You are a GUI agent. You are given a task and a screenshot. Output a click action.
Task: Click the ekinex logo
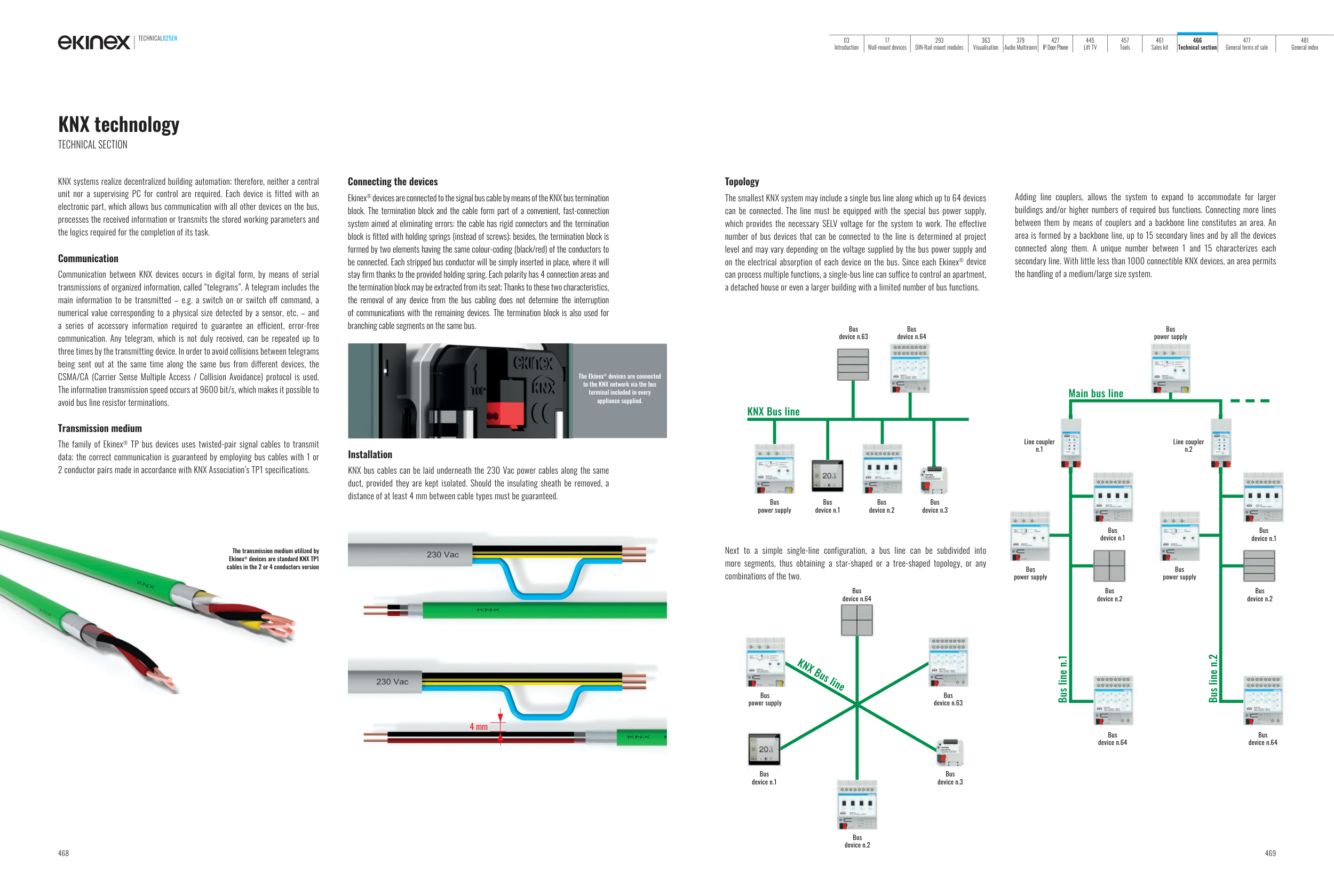(93, 42)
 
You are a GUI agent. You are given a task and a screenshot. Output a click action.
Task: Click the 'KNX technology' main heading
(119, 124)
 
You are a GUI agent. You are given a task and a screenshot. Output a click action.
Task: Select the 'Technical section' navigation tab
(1197, 44)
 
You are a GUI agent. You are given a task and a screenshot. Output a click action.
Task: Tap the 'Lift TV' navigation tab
(1090, 44)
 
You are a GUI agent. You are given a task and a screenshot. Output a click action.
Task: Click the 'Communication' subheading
(88, 258)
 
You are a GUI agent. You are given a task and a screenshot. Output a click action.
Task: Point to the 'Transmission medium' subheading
(100, 428)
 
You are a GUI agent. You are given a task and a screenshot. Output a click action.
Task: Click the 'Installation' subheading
(370, 454)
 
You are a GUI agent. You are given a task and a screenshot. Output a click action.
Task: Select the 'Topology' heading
(742, 182)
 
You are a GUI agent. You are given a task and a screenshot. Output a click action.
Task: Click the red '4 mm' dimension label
(478, 727)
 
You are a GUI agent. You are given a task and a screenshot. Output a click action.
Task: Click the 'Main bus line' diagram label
(1095, 394)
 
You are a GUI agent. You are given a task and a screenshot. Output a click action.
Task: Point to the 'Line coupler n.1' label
(1039, 445)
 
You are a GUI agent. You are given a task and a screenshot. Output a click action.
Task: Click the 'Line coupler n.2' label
(1188, 445)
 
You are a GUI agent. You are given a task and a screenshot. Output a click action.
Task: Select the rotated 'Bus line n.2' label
(1213, 679)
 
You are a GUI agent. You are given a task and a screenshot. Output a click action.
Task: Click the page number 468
(63, 853)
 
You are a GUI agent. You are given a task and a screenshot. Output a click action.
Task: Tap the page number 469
(1270, 853)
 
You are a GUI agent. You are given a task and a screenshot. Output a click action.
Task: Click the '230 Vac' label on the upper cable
(442, 555)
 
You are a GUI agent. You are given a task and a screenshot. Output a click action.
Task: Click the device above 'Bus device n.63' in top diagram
(853, 365)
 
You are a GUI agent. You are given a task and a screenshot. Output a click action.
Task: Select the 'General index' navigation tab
(1304, 44)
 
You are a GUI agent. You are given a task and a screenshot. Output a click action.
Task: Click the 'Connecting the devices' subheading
(392, 182)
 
